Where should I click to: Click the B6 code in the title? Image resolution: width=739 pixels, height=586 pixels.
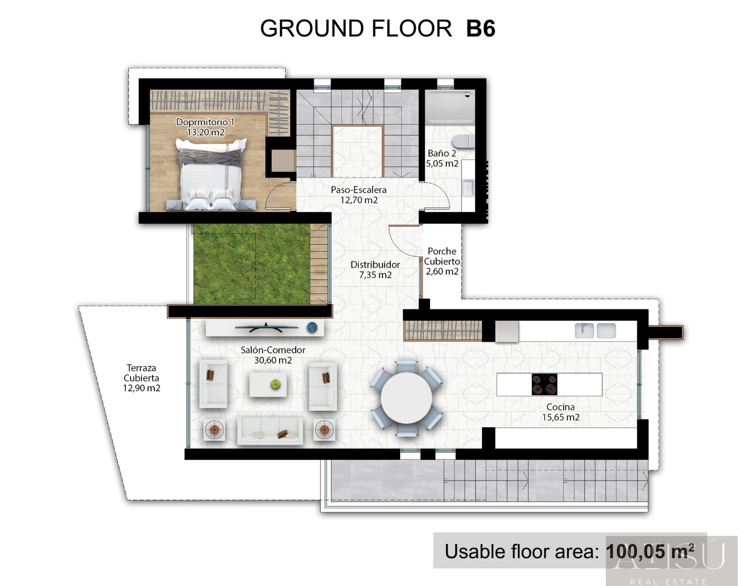pos(480,29)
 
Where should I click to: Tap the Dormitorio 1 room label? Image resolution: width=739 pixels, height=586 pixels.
pos(205,122)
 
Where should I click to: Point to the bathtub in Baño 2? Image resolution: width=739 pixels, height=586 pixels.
pos(450,107)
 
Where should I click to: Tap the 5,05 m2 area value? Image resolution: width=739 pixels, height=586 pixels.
pos(442,163)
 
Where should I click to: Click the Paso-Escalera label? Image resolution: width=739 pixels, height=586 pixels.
pos(358,190)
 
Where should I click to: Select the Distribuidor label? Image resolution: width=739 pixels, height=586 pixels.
pos(375,265)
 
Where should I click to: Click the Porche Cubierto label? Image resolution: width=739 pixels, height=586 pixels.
pos(442,256)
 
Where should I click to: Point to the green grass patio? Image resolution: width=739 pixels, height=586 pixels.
pos(251,264)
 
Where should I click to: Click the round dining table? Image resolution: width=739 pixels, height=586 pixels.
pos(406,398)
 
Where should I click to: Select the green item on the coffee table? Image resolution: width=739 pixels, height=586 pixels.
pos(275,384)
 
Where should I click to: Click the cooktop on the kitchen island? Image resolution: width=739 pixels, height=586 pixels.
pos(544,385)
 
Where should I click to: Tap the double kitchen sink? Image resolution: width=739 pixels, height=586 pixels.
pos(595,331)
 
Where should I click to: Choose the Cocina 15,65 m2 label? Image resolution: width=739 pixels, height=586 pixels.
pos(560,412)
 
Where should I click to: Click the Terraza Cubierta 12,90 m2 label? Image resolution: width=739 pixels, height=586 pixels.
pos(141,378)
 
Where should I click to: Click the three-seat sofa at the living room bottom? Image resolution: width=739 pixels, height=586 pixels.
pos(269,431)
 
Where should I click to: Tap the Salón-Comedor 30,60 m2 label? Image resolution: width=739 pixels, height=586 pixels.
pos(273,355)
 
